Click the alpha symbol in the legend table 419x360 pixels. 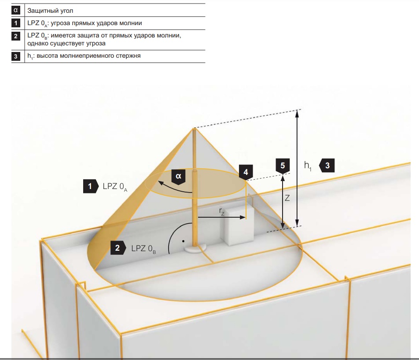click(16, 10)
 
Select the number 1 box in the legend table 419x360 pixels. click(16, 23)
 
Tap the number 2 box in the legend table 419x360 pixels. click(16, 36)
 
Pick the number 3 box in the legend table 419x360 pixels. click(16, 56)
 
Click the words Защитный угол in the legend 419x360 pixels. click(50, 11)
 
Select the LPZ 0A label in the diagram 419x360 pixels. click(115, 187)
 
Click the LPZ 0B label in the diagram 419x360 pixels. click(143, 249)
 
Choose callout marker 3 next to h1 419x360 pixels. click(327, 165)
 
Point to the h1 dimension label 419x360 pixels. click(308, 166)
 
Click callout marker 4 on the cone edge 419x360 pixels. click(246, 173)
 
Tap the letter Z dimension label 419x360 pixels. click(287, 198)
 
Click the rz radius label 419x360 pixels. click(221, 212)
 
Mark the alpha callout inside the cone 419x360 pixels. click(179, 177)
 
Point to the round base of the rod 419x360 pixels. click(195, 248)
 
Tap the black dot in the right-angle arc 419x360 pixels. click(183, 241)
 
